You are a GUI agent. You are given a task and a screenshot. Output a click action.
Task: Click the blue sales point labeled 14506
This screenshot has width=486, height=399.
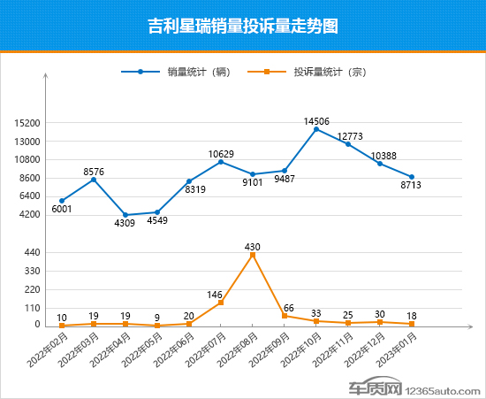pos(316,129)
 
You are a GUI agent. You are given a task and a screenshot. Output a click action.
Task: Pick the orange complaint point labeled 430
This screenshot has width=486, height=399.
pos(253,255)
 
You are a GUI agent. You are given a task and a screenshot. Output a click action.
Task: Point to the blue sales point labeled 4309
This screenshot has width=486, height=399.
pos(125,215)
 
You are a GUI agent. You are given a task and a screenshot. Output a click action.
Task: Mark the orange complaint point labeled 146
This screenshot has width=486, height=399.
pos(221,303)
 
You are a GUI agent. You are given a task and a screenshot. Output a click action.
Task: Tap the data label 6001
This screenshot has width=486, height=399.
pos(61,210)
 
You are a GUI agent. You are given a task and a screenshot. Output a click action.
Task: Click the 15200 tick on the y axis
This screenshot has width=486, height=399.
pos(27,123)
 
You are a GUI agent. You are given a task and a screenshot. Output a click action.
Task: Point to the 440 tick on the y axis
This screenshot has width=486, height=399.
pos(32,252)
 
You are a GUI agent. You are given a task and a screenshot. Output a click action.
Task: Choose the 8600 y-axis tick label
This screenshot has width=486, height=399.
pos(29,178)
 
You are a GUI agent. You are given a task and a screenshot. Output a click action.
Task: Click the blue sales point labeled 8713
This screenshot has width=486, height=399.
pos(412,177)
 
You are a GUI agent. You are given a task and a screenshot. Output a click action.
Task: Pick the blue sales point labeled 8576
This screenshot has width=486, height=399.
pos(94,180)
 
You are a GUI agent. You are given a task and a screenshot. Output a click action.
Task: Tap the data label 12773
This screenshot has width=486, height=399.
pos(348,135)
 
